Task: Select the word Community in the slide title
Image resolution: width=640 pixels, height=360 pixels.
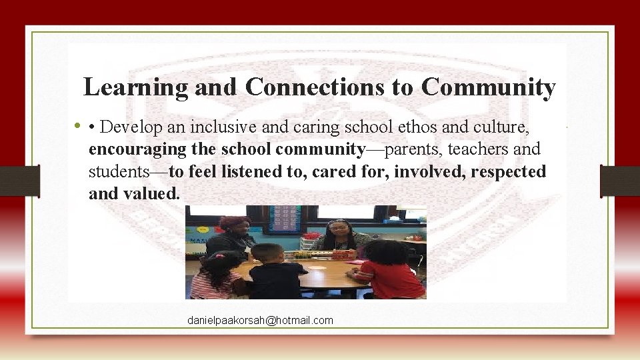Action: coord(488,87)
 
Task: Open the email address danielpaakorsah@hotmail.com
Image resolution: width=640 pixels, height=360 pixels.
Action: coord(260,321)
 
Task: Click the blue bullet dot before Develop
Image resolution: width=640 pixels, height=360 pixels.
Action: coord(79,125)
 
